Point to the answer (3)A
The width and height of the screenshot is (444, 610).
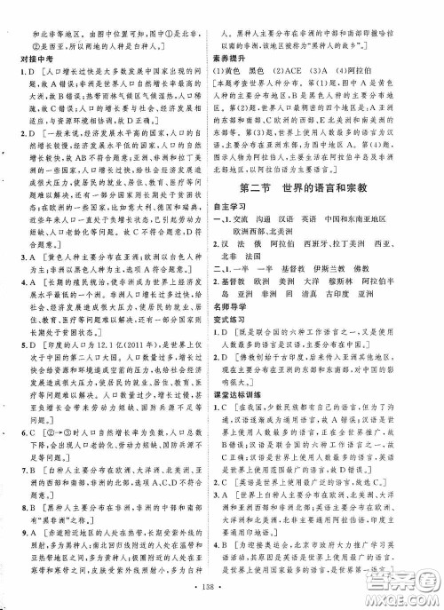tap(348, 65)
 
